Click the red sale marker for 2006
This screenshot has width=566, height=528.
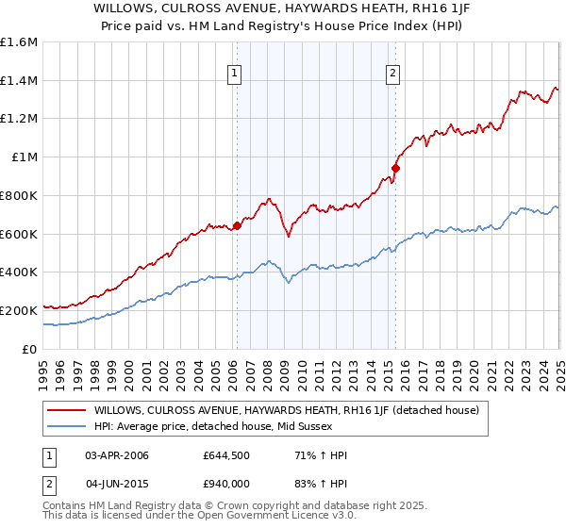[x=237, y=225]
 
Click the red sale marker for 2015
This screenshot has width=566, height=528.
[x=395, y=169]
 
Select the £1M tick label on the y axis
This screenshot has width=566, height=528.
[x=25, y=157]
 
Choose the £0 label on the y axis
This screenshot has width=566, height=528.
[x=30, y=349]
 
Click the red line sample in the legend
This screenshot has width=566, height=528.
[x=67, y=410]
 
